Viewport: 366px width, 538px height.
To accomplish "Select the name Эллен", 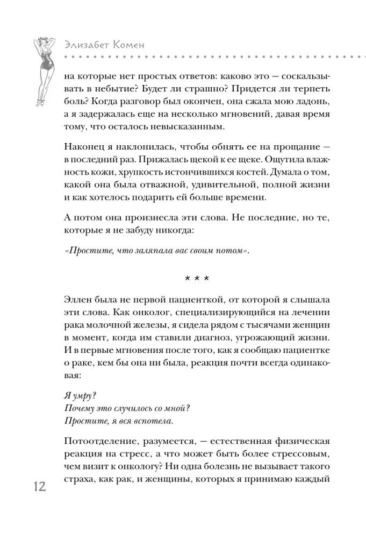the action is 77,299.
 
